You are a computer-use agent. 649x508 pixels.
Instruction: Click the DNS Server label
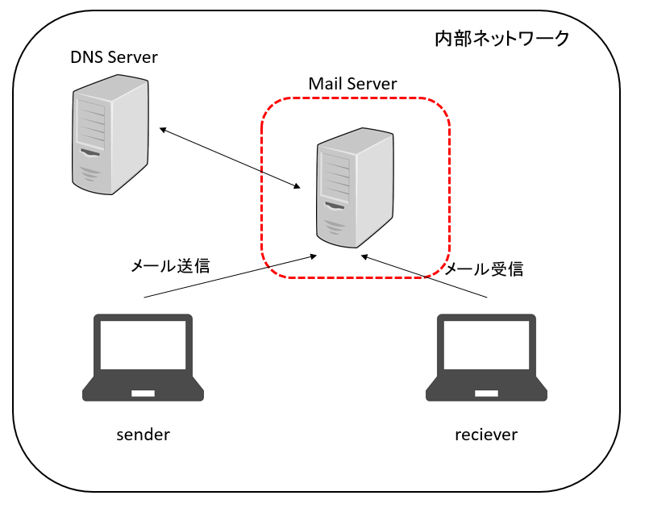pyautogui.click(x=114, y=57)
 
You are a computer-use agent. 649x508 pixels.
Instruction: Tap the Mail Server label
pyautogui.click(x=352, y=83)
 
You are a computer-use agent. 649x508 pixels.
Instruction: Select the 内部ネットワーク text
pyautogui.click(x=502, y=38)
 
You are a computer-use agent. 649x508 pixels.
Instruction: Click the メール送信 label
pyautogui.click(x=170, y=265)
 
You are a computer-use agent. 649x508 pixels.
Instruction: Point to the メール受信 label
pyautogui.click(x=484, y=269)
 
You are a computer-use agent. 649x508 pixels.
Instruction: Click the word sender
pyautogui.click(x=144, y=435)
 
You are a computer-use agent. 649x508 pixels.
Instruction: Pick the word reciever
pyautogui.click(x=486, y=435)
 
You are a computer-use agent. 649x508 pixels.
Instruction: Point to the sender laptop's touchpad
pyautogui.click(x=144, y=393)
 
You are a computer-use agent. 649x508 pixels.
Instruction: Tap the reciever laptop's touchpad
pyautogui.click(x=486, y=393)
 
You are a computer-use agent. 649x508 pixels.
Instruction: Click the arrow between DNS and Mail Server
pyautogui.click(x=230, y=158)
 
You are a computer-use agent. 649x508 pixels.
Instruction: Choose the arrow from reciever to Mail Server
pyautogui.click(x=425, y=277)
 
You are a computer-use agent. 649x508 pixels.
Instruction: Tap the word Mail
pyautogui.click(x=324, y=83)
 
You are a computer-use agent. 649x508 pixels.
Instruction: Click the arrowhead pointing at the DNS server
pyautogui.click(x=162, y=130)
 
